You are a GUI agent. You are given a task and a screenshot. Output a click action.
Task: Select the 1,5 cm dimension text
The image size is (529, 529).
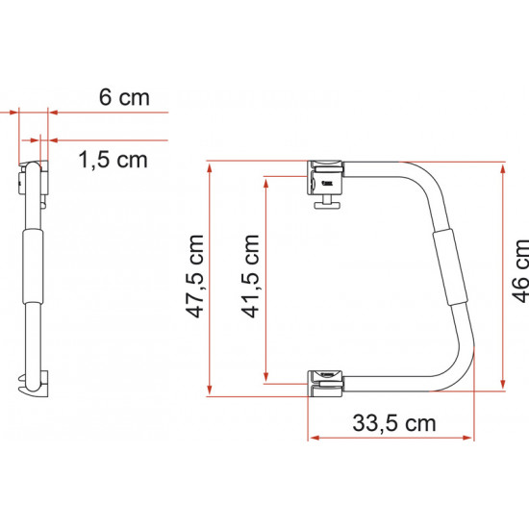tap(112, 160)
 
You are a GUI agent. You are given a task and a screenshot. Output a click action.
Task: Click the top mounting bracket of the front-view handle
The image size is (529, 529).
tap(325, 175)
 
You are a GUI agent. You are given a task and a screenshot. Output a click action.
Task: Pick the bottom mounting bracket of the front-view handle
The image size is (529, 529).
tap(325, 383)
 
